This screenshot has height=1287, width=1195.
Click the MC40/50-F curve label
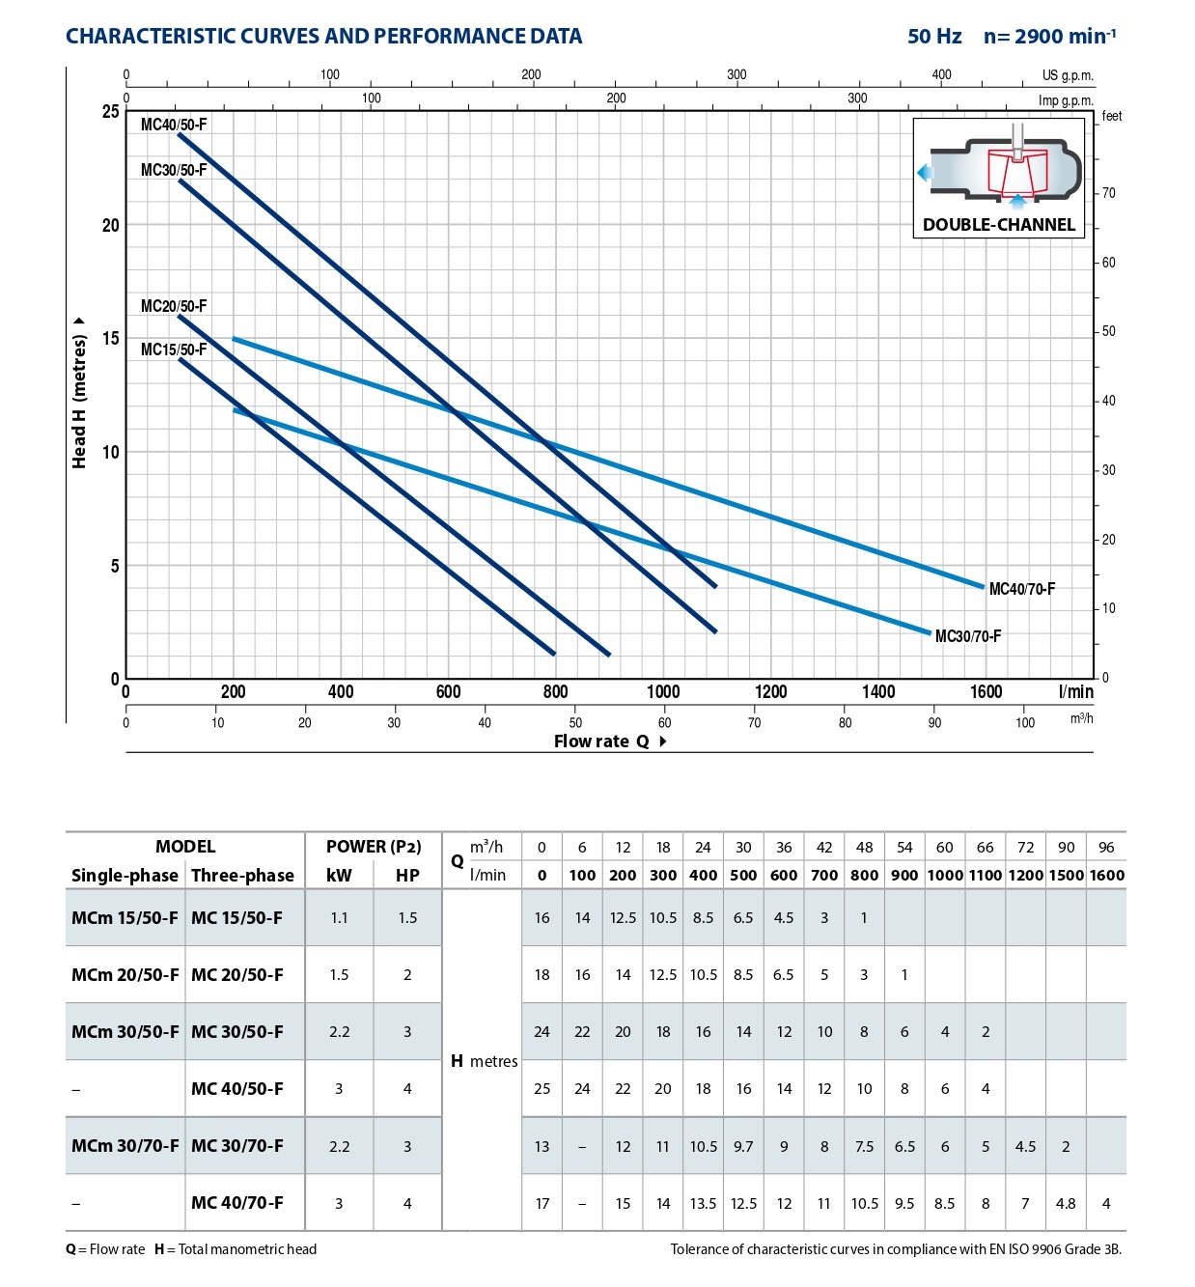[x=174, y=125]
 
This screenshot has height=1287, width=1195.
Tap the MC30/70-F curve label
[x=968, y=636]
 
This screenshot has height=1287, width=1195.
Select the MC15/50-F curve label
[x=174, y=350]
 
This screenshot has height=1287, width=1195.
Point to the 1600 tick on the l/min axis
[x=986, y=691]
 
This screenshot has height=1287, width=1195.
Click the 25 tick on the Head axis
[x=111, y=111]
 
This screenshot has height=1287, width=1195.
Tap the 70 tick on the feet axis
[x=1109, y=193]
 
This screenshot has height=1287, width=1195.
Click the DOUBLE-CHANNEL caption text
[x=998, y=225]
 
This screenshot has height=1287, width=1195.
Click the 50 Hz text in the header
[x=934, y=37]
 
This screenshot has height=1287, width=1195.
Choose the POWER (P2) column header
[x=374, y=847]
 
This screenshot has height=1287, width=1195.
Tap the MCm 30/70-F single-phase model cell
[x=125, y=1146]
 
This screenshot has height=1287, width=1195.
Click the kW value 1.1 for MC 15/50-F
[x=339, y=917]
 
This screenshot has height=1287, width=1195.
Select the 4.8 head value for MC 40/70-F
[x=1066, y=1203]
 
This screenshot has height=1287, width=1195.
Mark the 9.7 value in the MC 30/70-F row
[x=743, y=1146]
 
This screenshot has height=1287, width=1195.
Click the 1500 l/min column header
[x=1066, y=875]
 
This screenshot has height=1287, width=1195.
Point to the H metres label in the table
[x=485, y=1061]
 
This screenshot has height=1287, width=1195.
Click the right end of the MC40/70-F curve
[x=982, y=586]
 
